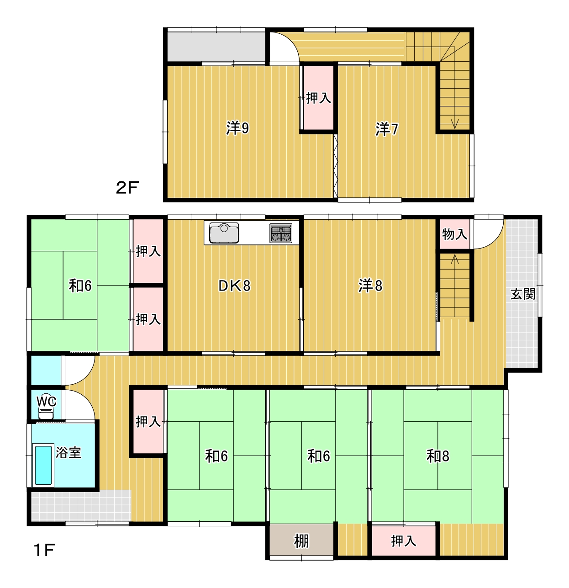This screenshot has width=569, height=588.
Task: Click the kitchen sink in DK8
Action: pyautogui.click(x=224, y=233)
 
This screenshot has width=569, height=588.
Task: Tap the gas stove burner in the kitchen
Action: pyautogui.click(x=280, y=233)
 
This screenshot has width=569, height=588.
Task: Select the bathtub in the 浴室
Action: pyautogui.click(x=43, y=465)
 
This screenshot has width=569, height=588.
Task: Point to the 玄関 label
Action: pyautogui.click(x=523, y=294)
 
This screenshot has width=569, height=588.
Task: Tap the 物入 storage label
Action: pyautogui.click(x=454, y=234)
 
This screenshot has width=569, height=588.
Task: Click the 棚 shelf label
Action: pyautogui.click(x=301, y=541)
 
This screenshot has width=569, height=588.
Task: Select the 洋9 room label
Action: pyautogui.click(x=237, y=128)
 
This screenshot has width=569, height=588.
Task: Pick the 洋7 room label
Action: pyautogui.click(x=387, y=129)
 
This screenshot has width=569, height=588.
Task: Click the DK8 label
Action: pyautogui.click(x=234, y=286)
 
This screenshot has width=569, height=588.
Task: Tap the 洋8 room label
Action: pyautogui.click(x=370, y=286)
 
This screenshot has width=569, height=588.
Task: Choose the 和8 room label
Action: pyautogui.click(x=437, y=456)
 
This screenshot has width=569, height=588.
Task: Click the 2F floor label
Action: pyautogui.click(x=127, y=188)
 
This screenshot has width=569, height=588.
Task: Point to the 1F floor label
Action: pyautogui.click(x=44, y=550)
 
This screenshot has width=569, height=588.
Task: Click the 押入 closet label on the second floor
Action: pyautogui.click(x=318, y=98)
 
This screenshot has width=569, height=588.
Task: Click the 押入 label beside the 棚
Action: pyautogui.click(x=404, y=541)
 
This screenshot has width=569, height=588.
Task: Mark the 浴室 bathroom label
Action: pyautogui.click(x=68, y=453)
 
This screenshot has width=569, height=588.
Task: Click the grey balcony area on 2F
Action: pyautogui.click(x=216, y=46)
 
